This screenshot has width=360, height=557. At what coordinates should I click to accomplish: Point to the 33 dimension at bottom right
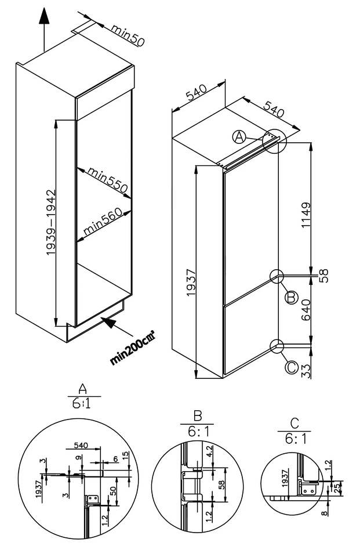pyautogui.click(x=307, y=370)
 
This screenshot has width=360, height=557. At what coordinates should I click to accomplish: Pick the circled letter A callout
pyautogui.click(x=239, y=137)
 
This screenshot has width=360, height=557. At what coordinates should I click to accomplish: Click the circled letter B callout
pyautogui.click(x=291, y=297)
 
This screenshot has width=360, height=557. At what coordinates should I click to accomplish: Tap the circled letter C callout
pyautogui.click(x=291, y=367)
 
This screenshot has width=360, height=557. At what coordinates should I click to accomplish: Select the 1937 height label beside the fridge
pyautogui.click(x=191, y=283)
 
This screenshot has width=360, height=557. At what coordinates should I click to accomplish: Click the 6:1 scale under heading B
pyautogui.click(x=198, y=433)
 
